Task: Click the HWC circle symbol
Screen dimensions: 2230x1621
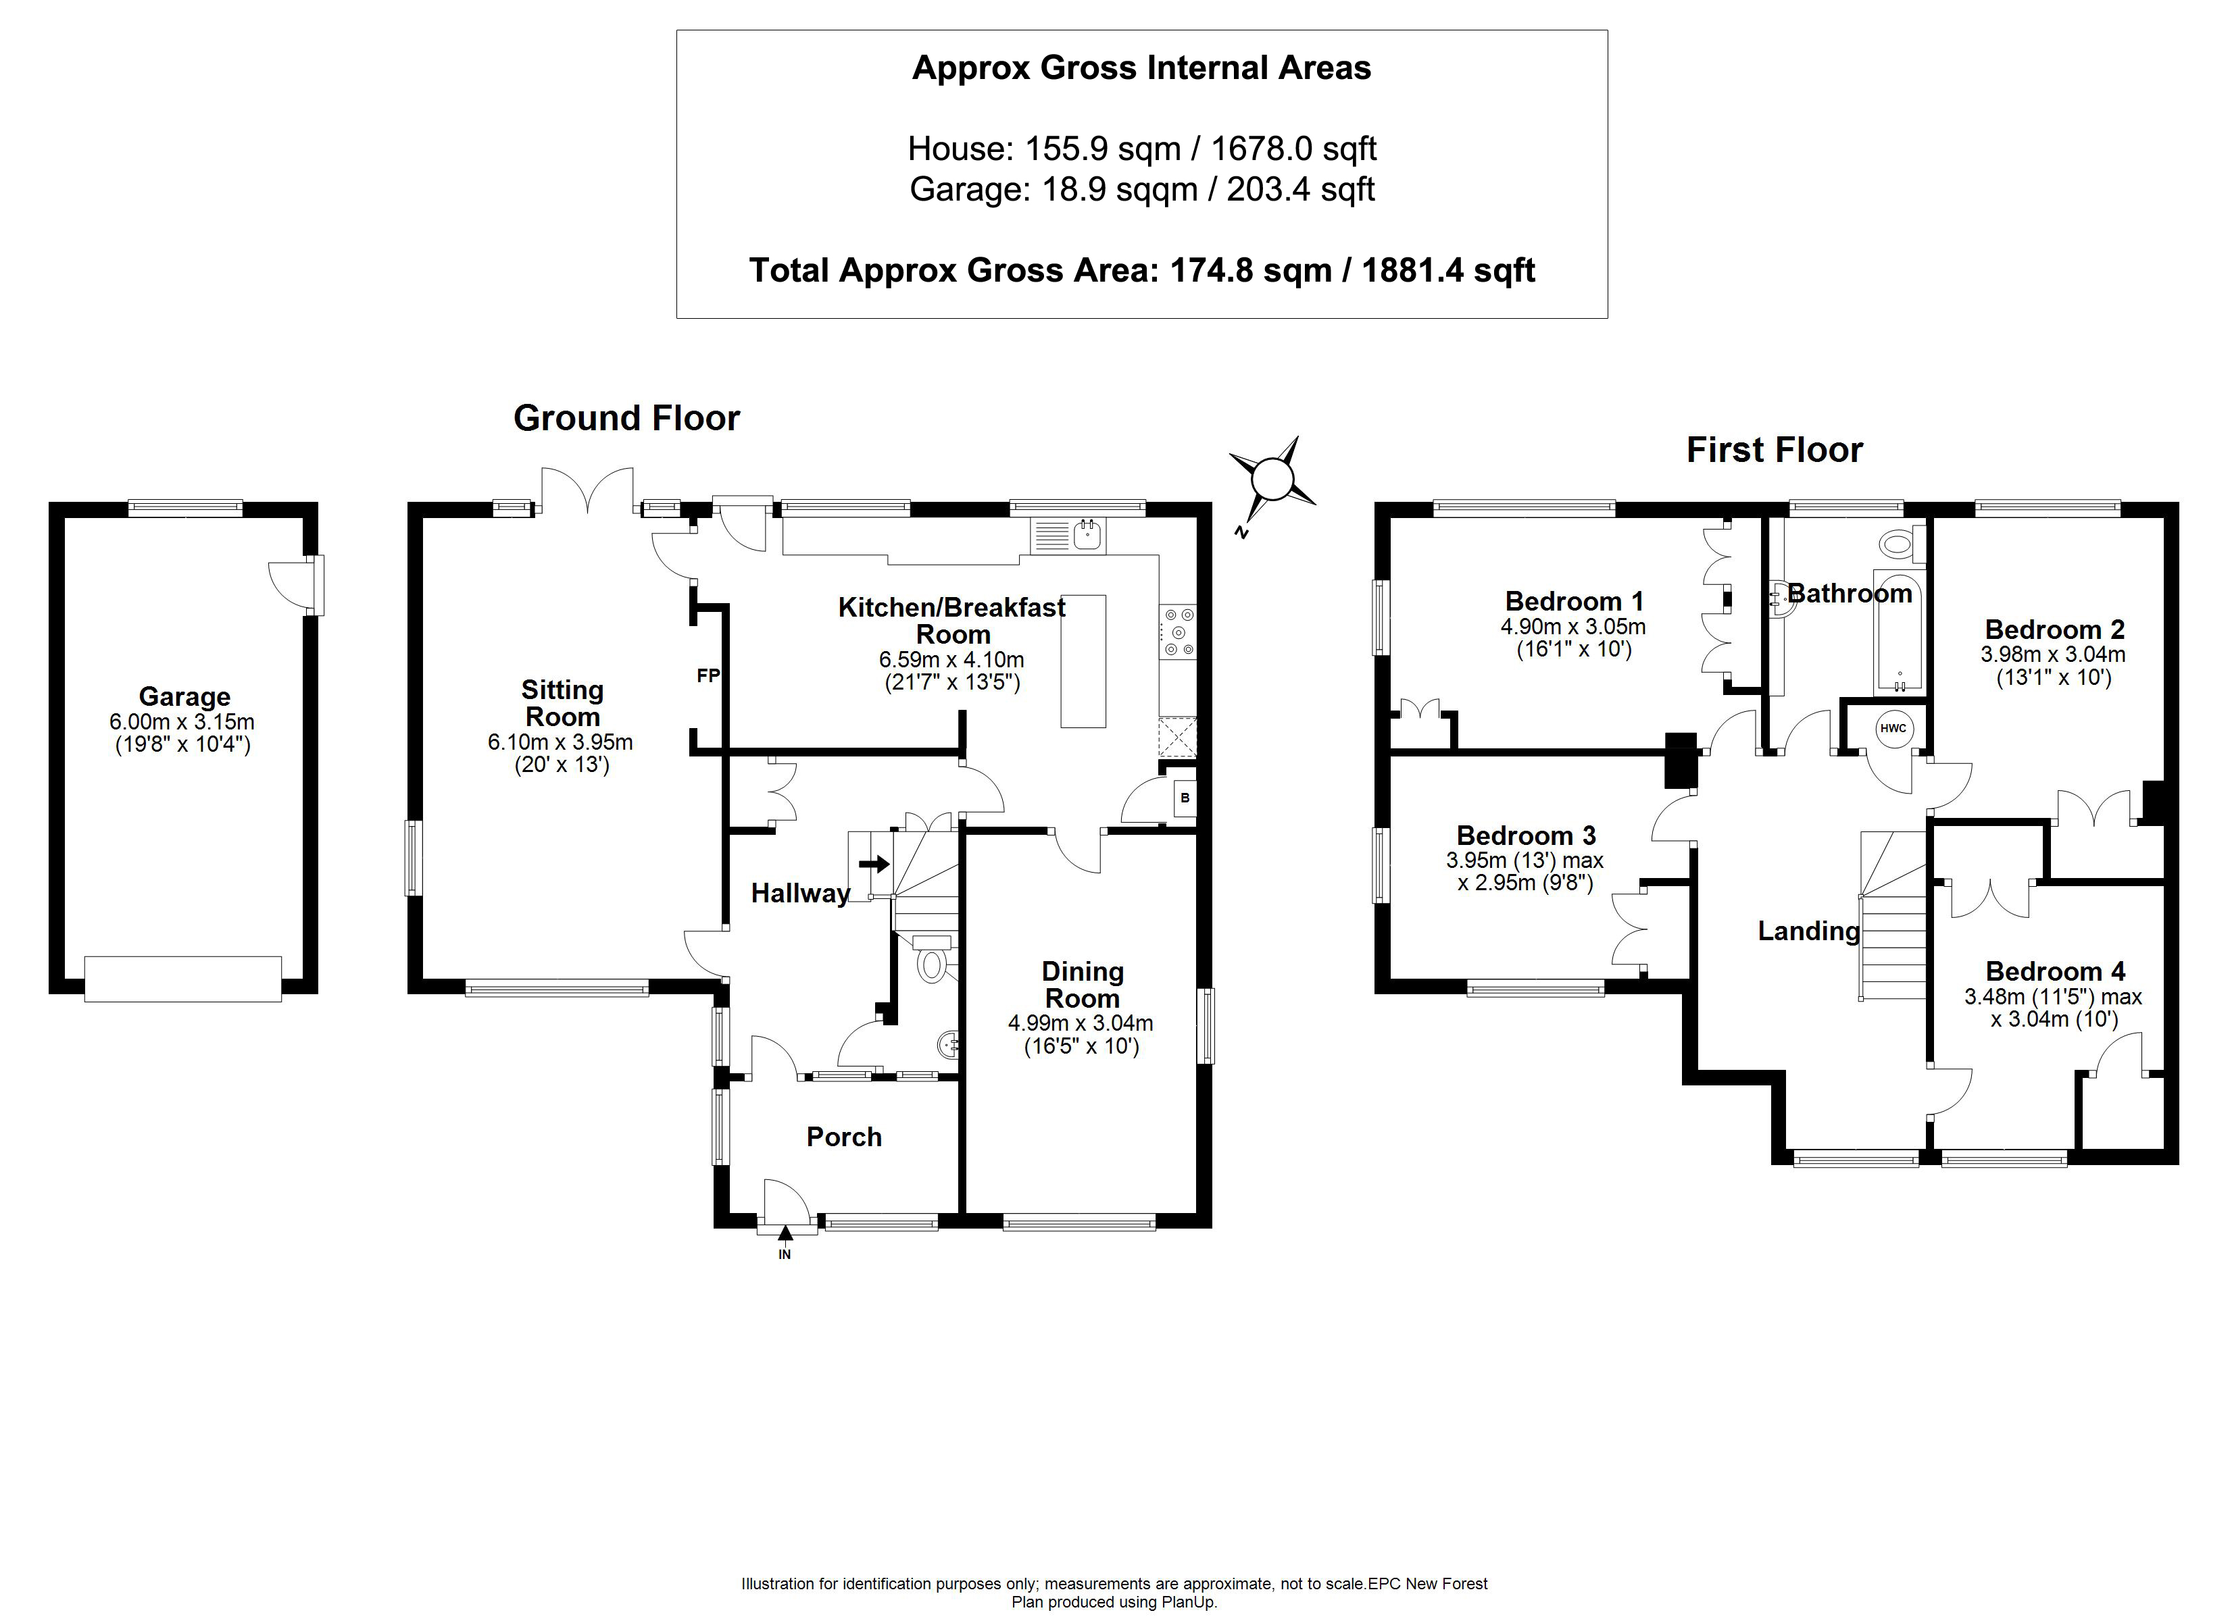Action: click(x=1893, y=728)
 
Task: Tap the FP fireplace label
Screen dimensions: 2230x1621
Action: click(x=708, y=675)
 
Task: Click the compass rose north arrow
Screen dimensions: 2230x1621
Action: click(x=1273, y=481)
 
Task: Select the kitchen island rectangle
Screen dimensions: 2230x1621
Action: click(x=1083, y=661)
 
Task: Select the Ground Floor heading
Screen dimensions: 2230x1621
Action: click(x=626, y=418)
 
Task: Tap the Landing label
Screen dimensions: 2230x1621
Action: click(x=1808, y=931)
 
